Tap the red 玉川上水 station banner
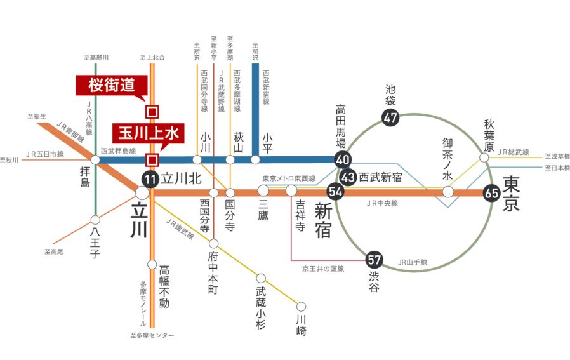[148, 134]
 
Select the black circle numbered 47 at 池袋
[390, 117]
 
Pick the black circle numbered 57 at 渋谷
[374, 259]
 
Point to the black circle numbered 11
[150, 178]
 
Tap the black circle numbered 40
[343, 159]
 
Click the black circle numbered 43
[348, 177]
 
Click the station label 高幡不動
[164, 286]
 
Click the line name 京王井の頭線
[322, 269]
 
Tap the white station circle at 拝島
[95, 160]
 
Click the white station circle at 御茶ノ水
[448, 191]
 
